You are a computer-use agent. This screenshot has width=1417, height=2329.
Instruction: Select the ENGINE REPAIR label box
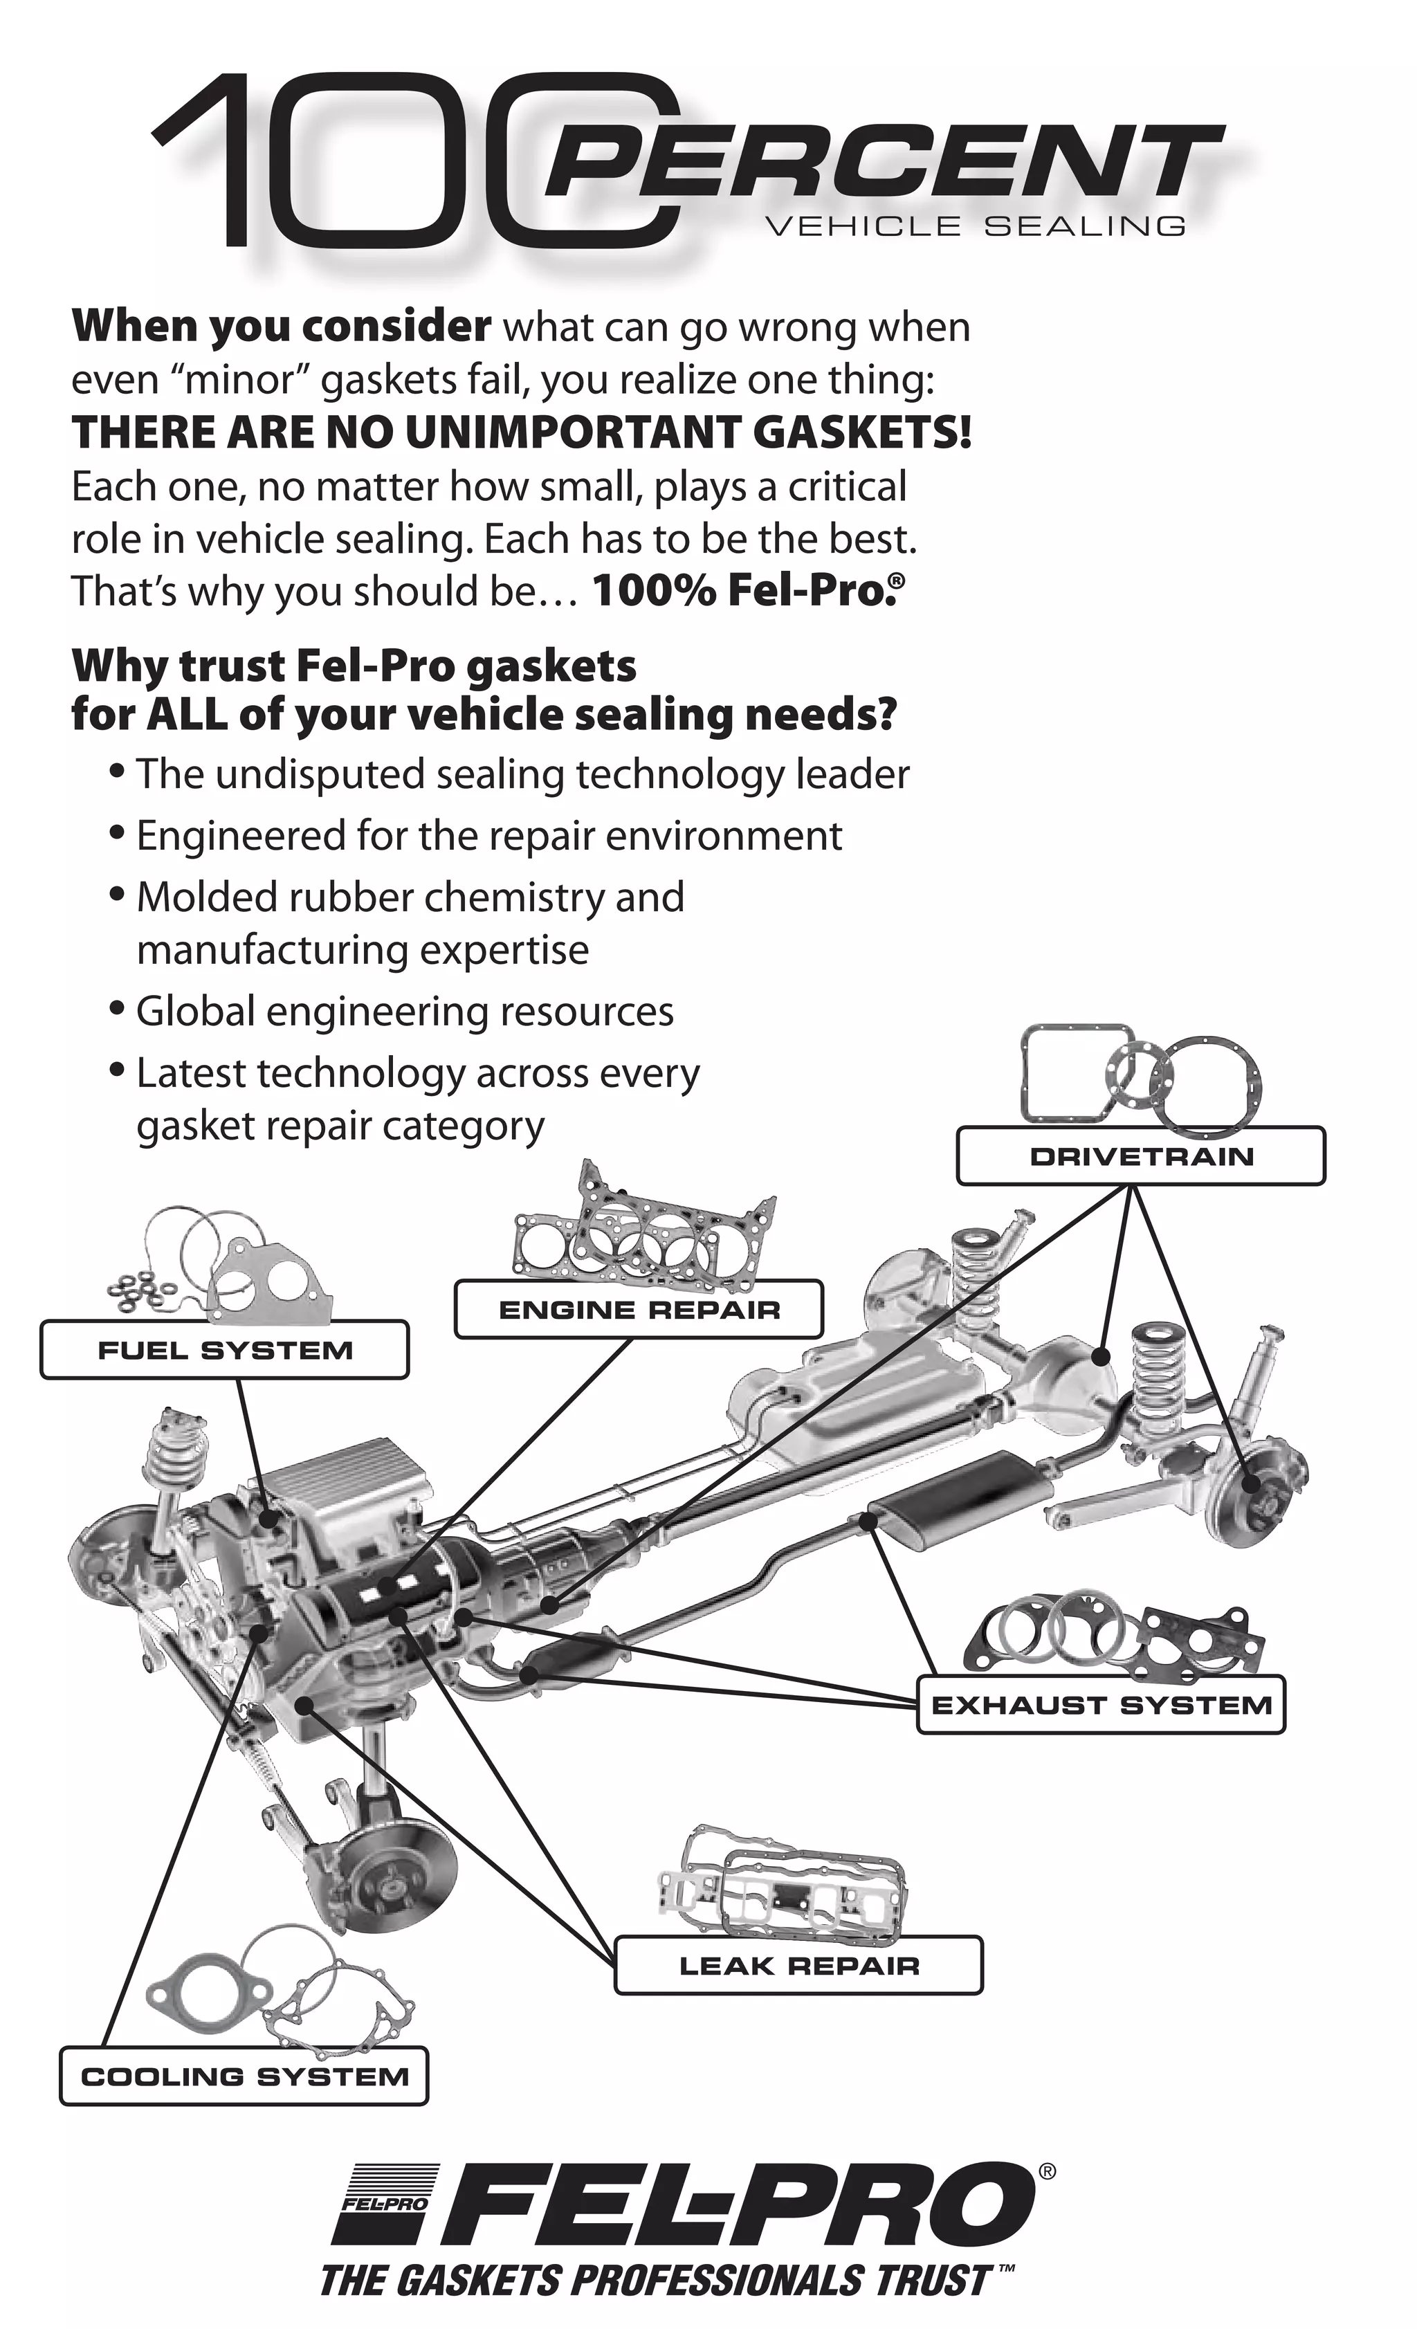[639, 1310]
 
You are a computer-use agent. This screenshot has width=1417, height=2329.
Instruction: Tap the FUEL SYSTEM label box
[224, 1350]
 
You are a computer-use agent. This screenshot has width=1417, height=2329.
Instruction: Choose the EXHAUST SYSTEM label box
[1101, 1705]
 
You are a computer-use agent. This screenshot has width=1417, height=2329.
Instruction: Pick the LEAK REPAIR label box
[798, 1966]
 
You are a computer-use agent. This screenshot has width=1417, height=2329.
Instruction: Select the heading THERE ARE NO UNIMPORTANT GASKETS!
[521, 433]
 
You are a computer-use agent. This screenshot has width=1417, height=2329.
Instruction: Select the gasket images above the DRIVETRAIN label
[1139, 1077]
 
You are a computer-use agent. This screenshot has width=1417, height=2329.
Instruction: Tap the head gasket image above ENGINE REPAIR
[643, 1229]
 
